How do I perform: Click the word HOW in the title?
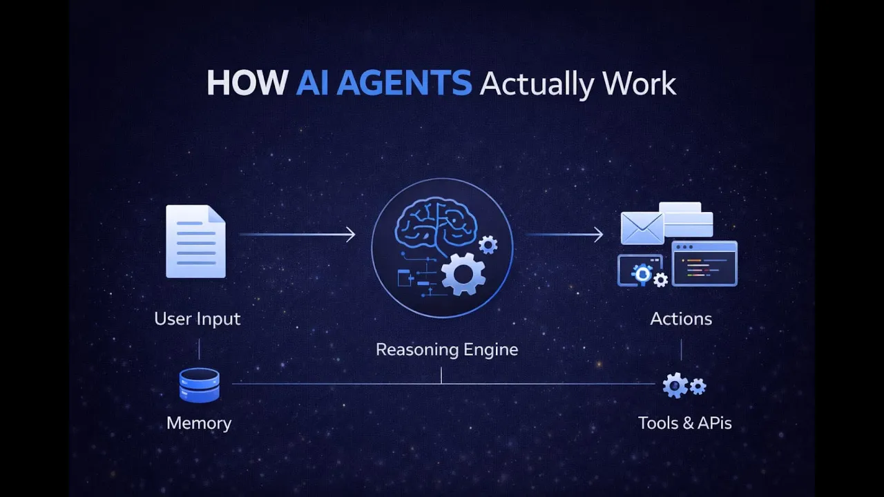247,84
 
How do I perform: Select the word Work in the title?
639,84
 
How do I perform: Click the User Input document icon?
196,241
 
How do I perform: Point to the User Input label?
198,319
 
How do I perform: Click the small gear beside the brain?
488,244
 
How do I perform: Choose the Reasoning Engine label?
447,350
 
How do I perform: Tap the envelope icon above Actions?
642,228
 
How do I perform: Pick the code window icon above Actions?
704,263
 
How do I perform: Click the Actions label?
681,319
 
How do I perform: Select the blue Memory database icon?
200,385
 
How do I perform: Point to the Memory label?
199,423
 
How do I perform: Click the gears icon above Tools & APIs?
683,385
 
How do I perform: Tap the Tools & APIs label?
684,423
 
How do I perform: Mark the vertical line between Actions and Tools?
681,350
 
